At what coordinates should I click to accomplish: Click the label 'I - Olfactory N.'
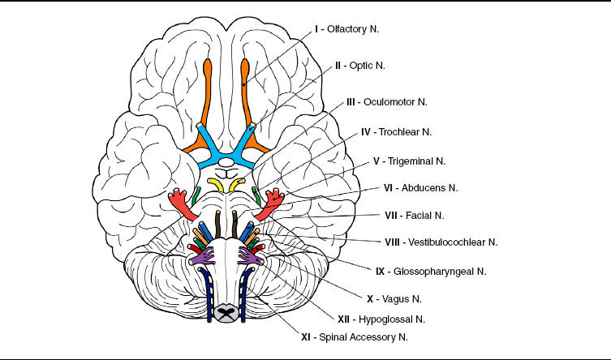tap(346, 28)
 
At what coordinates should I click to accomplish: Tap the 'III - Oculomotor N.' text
tap(386, 102)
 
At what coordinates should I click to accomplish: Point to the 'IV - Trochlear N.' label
tap(396, 131)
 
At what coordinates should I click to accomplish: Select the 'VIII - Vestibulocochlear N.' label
tap(440, 242)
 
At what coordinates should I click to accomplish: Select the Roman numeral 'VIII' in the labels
tap(392, 242)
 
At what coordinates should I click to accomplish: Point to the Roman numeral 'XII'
tap(343, 319)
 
